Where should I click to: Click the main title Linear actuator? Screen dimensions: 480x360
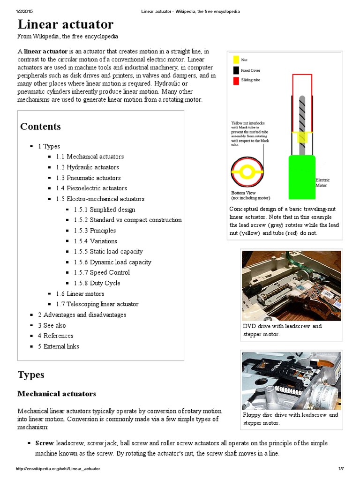[x=65, y=24]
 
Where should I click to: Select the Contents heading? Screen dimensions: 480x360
[x=40, y=127]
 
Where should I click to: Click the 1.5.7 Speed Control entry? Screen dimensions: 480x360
[x=102, y=273]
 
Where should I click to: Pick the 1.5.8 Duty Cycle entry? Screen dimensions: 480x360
[x=97, y=283]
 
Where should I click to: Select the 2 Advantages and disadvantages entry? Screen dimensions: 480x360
[x=82, y=315]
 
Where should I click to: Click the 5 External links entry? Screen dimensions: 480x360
[x=59, y=346]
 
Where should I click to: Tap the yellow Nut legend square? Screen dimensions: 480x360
[x=235, y=60]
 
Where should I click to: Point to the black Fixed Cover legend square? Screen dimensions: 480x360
[x=235, y=70]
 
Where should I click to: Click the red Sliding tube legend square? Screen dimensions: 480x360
[x=235, y=81]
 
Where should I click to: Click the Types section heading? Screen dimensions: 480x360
[x=31, y=375]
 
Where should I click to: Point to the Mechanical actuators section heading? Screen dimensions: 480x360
[x=57, y=394]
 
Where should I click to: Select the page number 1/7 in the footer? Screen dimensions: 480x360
[x=341, y=469]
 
